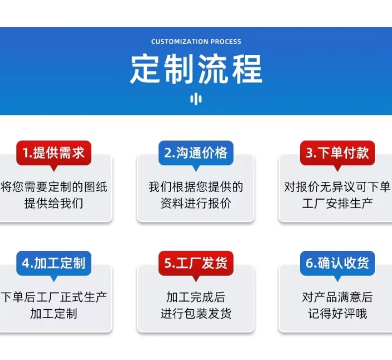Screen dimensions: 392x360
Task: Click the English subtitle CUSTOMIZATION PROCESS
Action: click(196, 42)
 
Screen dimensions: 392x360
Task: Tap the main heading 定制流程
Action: click(196, 69)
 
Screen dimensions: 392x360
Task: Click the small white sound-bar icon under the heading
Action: click(196, 99)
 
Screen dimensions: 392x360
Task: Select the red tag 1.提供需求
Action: click(54, 153)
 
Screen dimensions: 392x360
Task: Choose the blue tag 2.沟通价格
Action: click(196, 153)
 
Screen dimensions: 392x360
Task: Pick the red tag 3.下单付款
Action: click(337, 153)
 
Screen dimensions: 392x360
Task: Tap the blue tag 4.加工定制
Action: click(54, 263)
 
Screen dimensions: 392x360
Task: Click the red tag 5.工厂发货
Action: click(196, 263)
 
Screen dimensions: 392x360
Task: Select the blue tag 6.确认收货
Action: click(337, 263)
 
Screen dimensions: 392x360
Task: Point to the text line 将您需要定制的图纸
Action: click(54, 187)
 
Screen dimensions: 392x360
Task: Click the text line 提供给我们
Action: click(54, 203)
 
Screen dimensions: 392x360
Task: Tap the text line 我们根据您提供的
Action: click(196, 187)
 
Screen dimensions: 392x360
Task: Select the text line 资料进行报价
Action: click(196, 203)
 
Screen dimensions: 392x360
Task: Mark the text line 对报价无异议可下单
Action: click(337, 187)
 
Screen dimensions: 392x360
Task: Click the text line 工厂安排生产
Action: click(337, 203)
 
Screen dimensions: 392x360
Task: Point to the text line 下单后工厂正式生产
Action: click(54, 297)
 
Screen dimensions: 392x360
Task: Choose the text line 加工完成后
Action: click(196, 297)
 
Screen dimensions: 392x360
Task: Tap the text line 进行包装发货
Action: click(196, 313)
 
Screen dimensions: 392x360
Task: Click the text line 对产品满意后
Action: click(337, 297)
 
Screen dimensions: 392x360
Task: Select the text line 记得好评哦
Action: click(337, 313)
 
